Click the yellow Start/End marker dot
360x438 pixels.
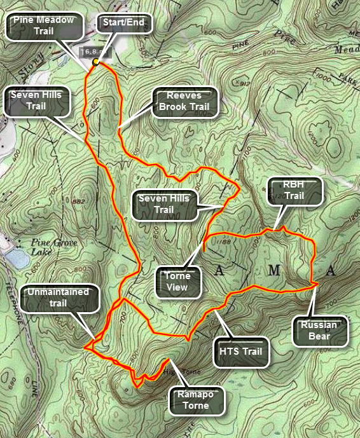click(95, 62)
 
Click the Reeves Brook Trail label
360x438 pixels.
click(186, 101)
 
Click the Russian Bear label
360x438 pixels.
click(321, 331)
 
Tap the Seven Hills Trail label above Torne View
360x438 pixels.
click(165, 204)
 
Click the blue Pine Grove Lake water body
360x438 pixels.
click(11, 257)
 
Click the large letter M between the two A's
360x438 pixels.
click(273, 271)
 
